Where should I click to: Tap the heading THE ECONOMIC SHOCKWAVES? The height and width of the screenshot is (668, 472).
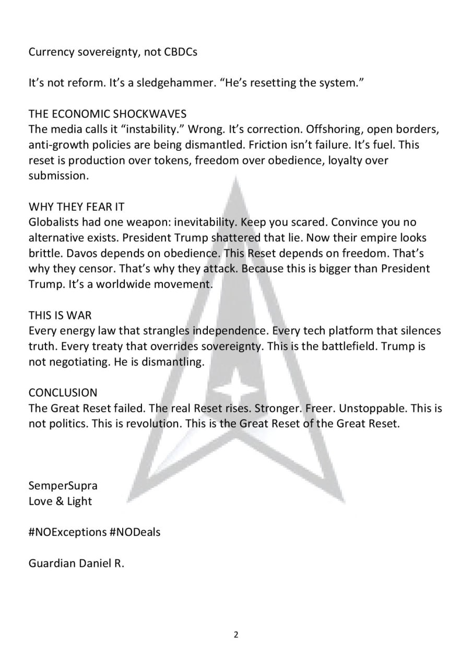107,114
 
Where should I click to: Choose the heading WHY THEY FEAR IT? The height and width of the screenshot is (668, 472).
76,207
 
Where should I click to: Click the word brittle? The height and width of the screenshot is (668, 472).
43,253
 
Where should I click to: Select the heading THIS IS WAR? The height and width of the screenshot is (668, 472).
60,315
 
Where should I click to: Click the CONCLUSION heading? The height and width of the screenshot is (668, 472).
63,392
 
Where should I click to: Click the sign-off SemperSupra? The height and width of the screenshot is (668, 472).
63,485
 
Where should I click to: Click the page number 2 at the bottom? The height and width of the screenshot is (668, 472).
236,635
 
